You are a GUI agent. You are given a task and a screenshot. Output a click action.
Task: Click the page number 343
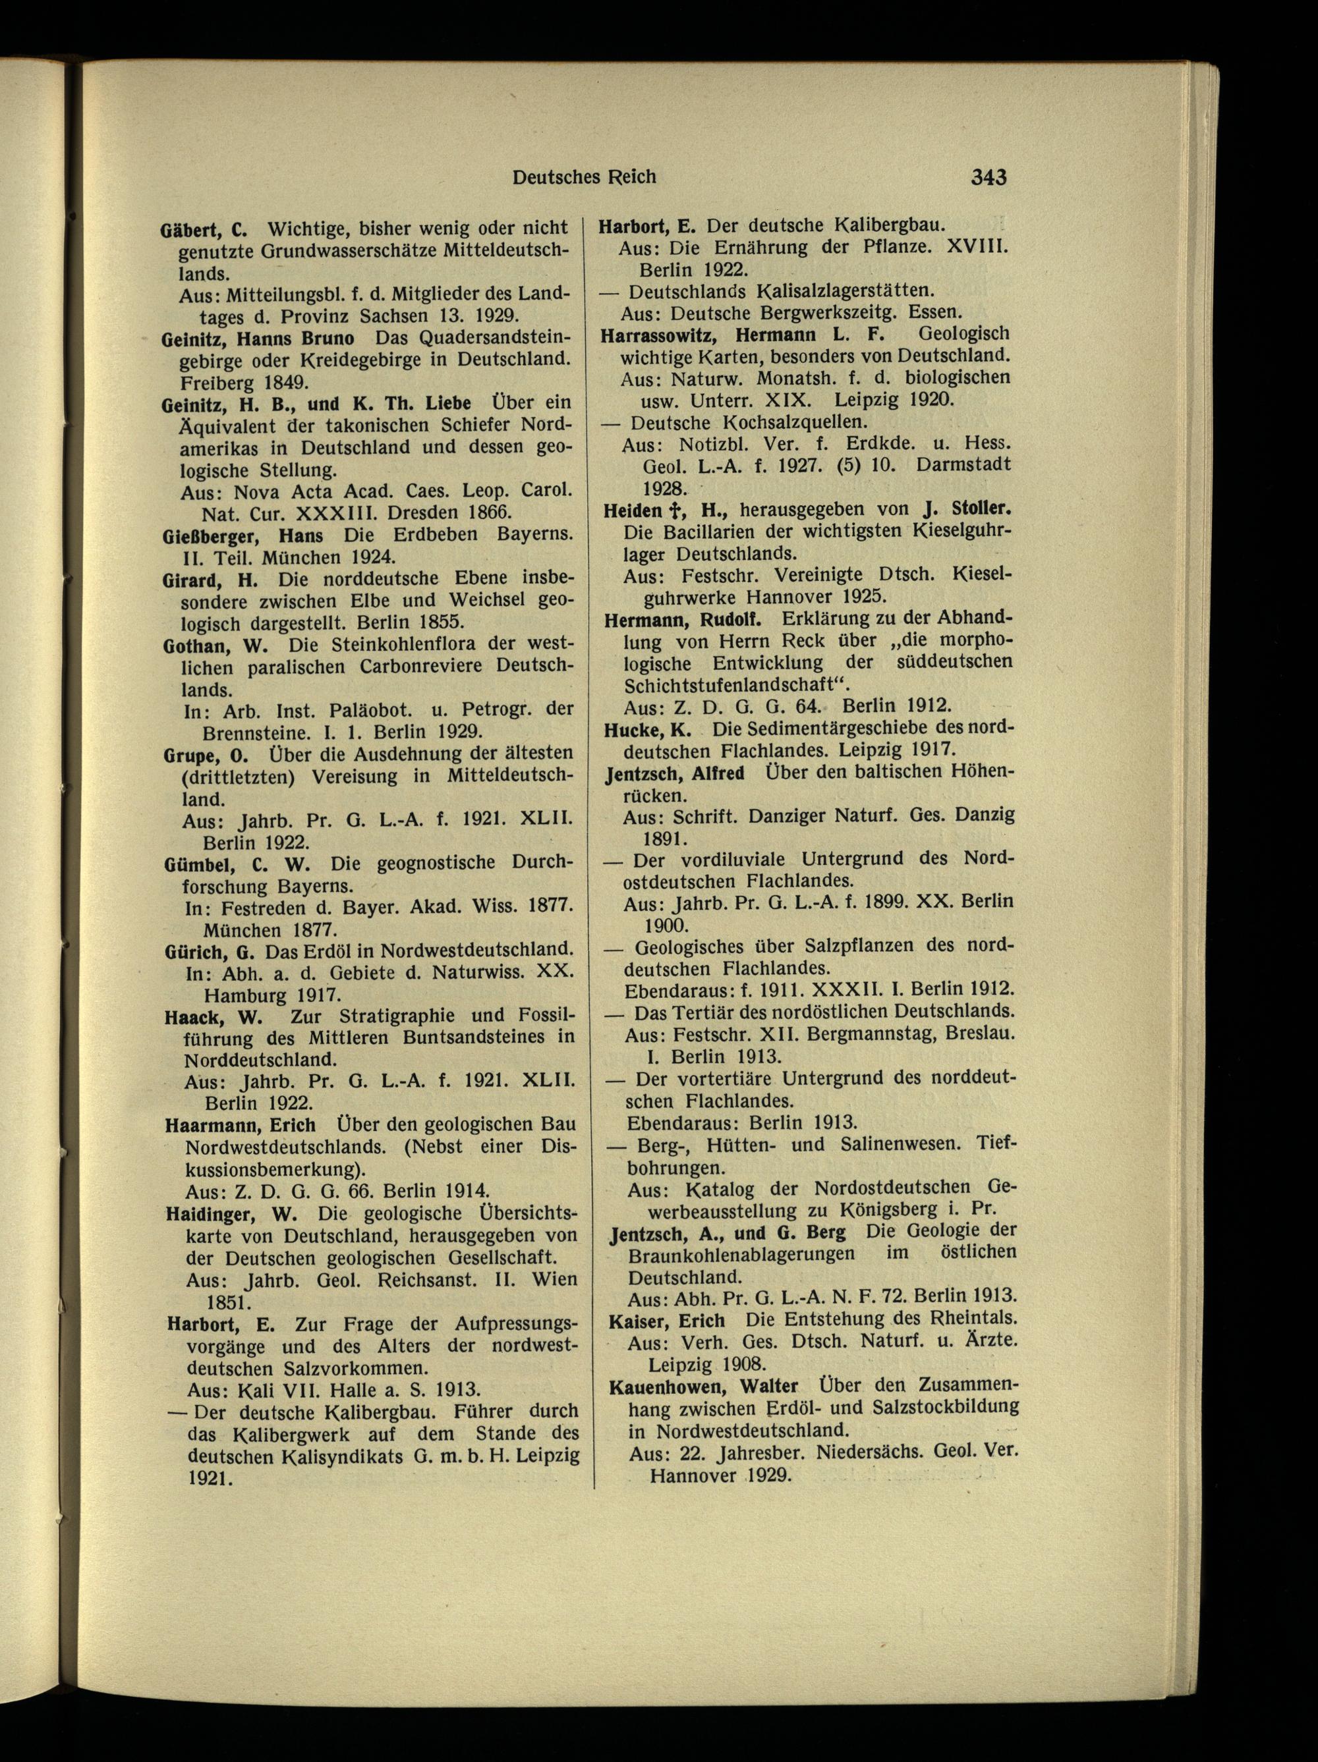988,176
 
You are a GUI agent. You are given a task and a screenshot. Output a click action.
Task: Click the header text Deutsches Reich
584,176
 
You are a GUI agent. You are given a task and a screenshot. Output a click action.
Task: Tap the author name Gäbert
190,229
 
